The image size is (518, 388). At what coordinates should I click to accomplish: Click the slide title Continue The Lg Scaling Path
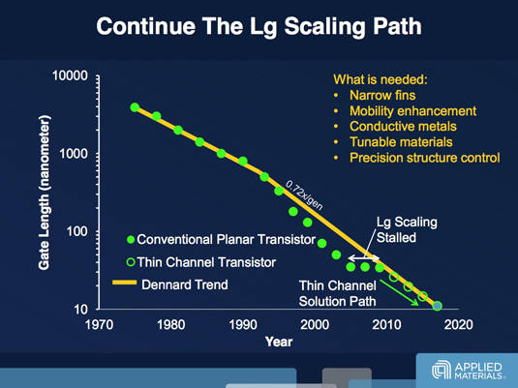(259, 26)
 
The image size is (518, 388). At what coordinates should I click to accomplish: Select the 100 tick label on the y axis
(76, 231)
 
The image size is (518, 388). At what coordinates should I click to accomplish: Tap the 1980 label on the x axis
(170, 324)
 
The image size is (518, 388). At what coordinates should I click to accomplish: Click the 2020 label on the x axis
(458, 324)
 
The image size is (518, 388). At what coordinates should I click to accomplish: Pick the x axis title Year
(279, 342)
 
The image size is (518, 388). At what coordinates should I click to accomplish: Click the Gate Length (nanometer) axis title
(45, 193)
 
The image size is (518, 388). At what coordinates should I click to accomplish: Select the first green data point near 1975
(135, 107)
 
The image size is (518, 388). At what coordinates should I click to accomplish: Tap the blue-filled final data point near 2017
(437, 306)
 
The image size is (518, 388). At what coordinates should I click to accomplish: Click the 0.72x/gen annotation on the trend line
(304, 195)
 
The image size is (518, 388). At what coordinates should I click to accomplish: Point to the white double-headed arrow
(364, 258)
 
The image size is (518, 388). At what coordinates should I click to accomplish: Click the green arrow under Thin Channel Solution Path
(399, 292)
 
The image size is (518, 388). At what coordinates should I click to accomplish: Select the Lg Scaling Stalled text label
(407, 230)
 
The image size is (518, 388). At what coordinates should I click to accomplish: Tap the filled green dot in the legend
(131, 239)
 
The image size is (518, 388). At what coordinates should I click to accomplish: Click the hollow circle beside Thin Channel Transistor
(131, 262)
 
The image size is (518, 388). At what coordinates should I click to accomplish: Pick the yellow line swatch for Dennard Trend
(124, 283)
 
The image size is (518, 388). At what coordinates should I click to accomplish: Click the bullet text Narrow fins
(382, 96)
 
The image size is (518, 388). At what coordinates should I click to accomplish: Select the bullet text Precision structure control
(424, 158)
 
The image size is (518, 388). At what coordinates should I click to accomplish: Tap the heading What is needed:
(381, 79)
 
